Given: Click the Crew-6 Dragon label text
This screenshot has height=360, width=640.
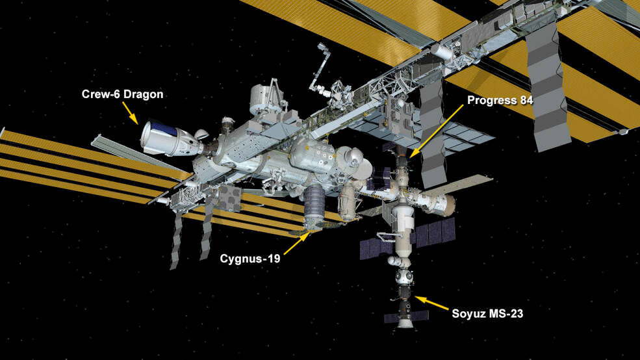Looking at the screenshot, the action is click(122, 94).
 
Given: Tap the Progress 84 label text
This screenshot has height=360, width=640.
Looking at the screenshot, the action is click(500, 101).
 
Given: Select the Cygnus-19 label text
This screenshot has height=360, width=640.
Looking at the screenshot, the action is click(250, 259).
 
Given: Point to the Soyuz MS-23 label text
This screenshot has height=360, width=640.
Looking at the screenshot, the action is click(487, 313).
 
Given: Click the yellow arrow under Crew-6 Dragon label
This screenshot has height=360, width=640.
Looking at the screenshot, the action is click(131, 112).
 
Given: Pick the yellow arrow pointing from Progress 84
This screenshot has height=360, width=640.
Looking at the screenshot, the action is click(436, 131).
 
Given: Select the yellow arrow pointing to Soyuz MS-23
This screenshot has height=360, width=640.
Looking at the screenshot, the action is click(432, 303).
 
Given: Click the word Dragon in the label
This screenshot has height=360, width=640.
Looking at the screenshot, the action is click(143, 95).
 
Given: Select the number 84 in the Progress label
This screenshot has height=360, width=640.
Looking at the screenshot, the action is click(526, 101).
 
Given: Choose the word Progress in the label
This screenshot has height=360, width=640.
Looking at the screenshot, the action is click(493, 101).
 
